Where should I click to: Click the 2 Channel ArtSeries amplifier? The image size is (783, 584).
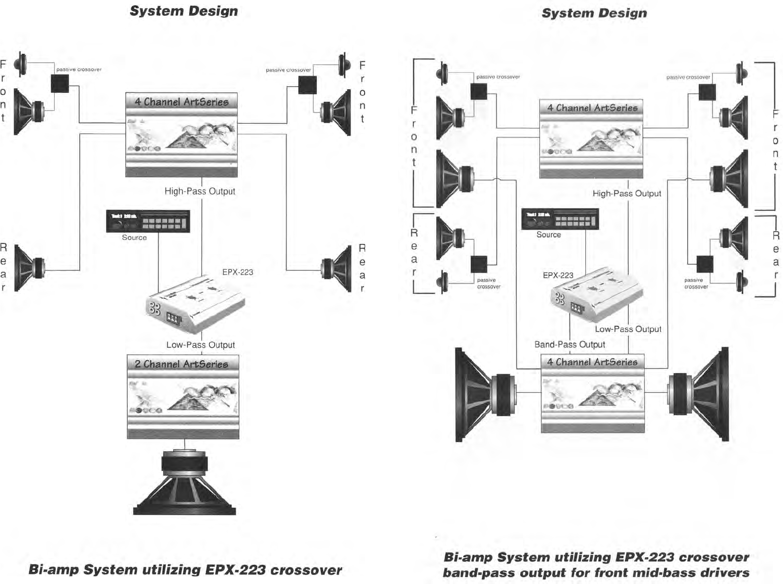[x=183, y=396]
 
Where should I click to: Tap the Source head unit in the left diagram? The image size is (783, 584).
[x=148, y=222]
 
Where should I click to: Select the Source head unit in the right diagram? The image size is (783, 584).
[x=560, y=219]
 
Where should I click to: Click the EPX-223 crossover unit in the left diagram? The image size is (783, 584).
[x=195, y=304]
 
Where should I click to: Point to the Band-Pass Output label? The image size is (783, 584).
[x=570, y=345]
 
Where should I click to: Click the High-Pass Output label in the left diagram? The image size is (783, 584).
[x=200, y=192]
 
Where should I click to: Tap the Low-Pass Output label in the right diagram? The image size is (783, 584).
[x=628, y=330]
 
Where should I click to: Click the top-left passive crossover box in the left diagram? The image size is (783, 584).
[x=60, y=84]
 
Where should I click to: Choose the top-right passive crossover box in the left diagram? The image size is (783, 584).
[x=307, y=85]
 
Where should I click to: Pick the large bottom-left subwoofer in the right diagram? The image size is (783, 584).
[x=484, y=394]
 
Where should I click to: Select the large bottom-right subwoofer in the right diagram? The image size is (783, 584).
[x=700, y=394]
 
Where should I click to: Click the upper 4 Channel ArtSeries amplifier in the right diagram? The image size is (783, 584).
[x=591, y=138]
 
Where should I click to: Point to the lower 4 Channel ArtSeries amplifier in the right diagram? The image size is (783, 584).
[x=592, y=393]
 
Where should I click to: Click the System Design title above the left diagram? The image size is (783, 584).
[x=184, y=11]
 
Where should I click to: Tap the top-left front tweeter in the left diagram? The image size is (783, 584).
[x=20, y=63]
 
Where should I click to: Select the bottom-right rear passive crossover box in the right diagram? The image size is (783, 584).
[x=704, y=264]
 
